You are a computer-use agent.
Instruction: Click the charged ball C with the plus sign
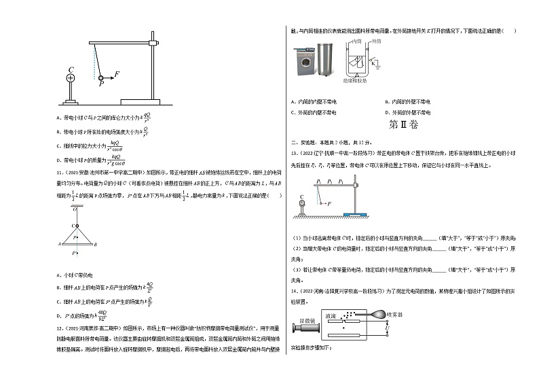tap(71, 78)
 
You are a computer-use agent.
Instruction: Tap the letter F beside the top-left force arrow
tap(117, 73)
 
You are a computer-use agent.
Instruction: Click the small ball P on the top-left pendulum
tap(102, 79)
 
